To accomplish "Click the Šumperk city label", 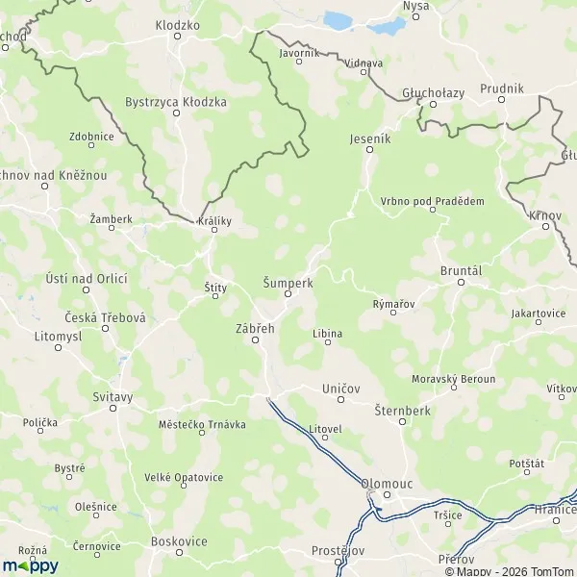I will [287, 283].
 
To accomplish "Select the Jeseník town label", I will [372, 138].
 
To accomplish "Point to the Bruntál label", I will [460, 271].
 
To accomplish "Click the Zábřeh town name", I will [255, 328].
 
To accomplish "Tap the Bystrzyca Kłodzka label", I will [176, 101].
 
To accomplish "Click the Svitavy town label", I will [113, 396].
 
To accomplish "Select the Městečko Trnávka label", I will [202, 424].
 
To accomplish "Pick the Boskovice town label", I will [179, 541].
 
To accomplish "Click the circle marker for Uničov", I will [341, 400].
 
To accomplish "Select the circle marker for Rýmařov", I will [392, 315].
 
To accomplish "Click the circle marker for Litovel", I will [325, 439].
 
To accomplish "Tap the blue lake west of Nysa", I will [339, 19].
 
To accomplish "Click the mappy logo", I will [31, 564].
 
